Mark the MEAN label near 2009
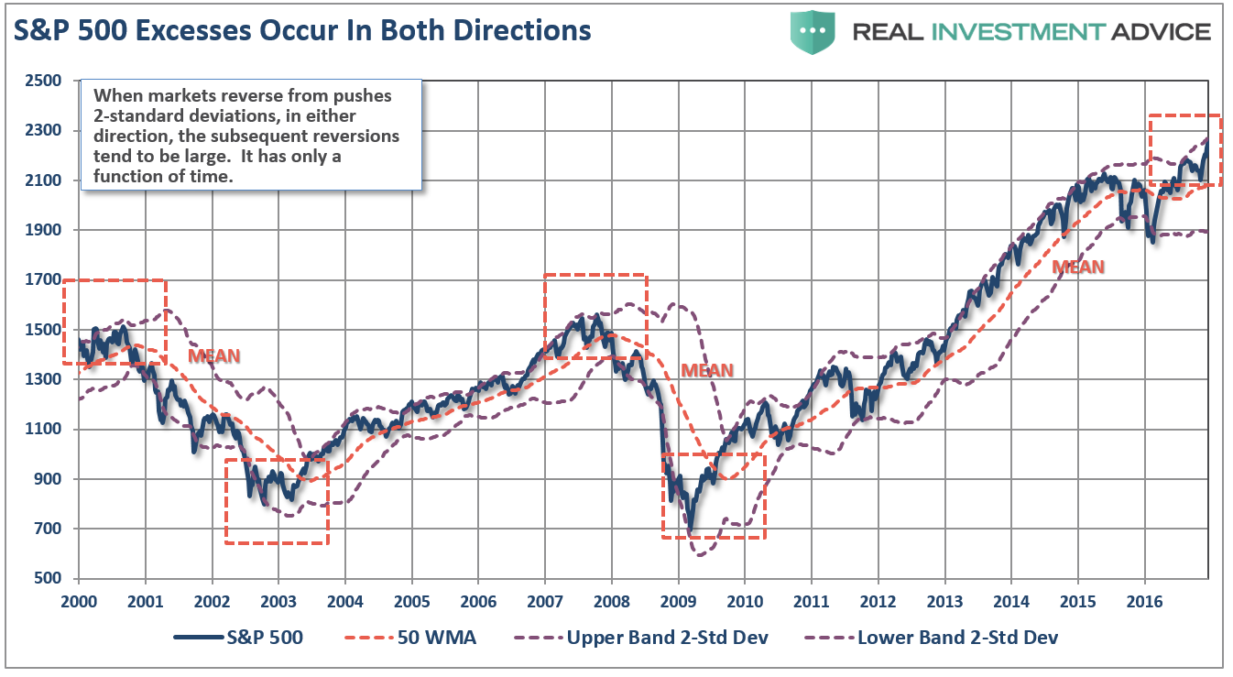click(706, 370)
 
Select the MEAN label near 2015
click(1077, 267)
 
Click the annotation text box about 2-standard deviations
click(251, 134)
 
